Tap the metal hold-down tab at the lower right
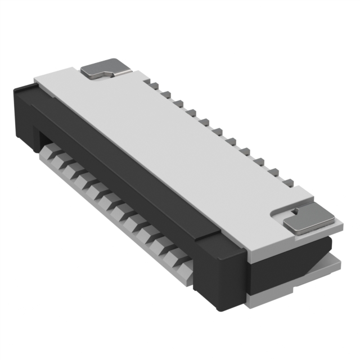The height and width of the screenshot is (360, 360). tap(309, 222)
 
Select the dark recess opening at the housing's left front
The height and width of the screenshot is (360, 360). tap(42, 138)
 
